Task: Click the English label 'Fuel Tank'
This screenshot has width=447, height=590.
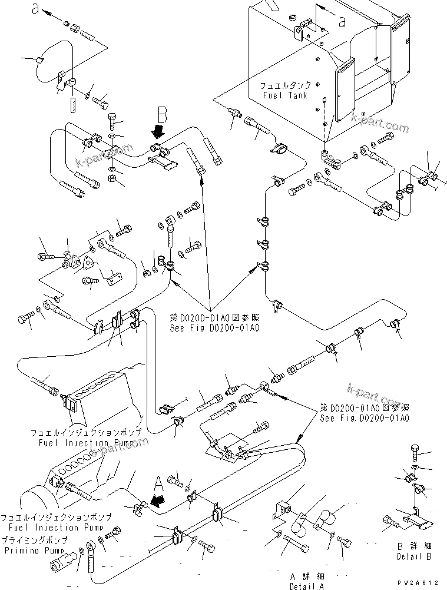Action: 286,95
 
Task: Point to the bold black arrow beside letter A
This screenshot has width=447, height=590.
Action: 155,501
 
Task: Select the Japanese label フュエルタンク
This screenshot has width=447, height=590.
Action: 287,85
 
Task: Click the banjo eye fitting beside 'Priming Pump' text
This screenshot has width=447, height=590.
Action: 91,552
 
